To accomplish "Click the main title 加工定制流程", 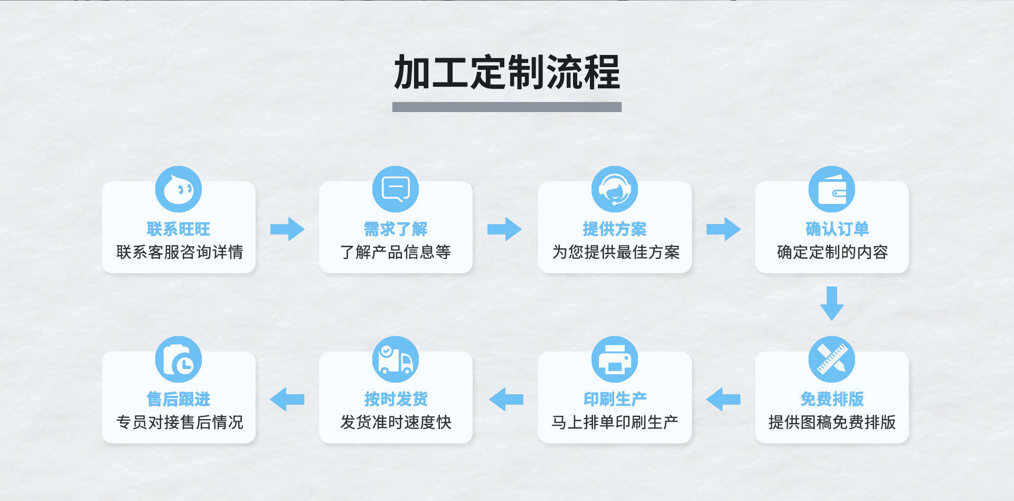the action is (x=506, y=72).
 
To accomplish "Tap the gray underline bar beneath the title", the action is (x=506, y=107).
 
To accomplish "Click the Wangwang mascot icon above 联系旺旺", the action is (x=179, y=189).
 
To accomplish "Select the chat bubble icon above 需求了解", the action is (x=396, y=189).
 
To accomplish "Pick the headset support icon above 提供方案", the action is (x=614, y=189).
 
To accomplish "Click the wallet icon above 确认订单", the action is (x=832, y=189).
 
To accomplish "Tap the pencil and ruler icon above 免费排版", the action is (x=832, y=359).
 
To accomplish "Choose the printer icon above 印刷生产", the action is (x=614, y=359).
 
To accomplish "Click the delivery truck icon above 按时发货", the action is (x=396, y=359).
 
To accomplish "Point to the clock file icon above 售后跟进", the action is (x=179, y=359).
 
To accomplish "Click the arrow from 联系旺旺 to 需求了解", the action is (x=287, y=229).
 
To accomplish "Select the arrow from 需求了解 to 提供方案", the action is (x=504, y=229).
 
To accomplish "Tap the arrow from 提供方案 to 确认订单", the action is (x=724, y=229).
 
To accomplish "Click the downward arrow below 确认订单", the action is (x=832, y=303).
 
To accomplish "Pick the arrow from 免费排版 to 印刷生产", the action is (x=723, y=399).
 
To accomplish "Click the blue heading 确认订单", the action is (x=837, y=229).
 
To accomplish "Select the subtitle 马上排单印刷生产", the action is (x=615, y=422).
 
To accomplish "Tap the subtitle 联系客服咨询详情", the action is (x=180, y=252).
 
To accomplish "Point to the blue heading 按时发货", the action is (x=396, y=399).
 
